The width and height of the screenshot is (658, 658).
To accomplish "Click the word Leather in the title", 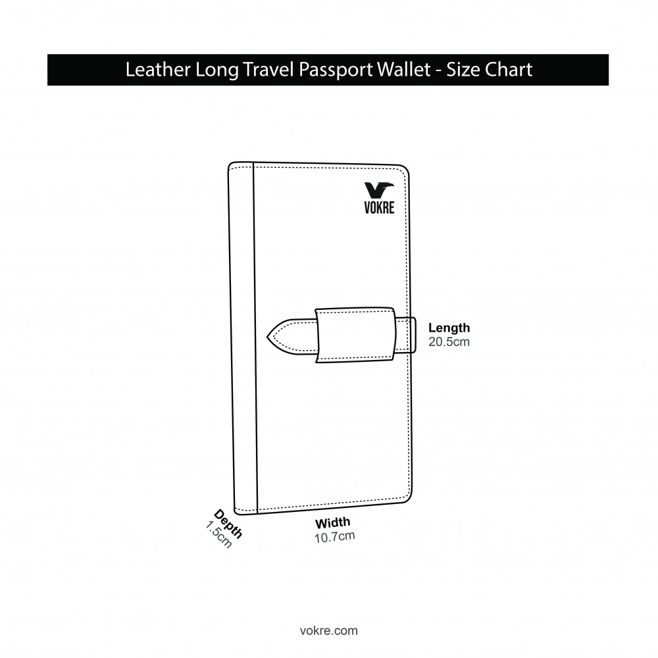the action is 158,69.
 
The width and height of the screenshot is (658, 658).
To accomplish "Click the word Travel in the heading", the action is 268,69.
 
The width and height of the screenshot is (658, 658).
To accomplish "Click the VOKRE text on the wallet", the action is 380,207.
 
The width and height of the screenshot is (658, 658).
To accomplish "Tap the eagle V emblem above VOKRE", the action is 379,190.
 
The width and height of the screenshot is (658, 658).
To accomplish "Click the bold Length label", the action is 449,328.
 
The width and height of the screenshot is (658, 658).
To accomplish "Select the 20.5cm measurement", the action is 449,342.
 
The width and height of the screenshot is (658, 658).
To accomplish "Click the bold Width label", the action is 333,523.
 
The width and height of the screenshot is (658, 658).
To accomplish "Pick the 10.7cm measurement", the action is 335,537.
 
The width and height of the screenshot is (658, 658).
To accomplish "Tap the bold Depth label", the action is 228,524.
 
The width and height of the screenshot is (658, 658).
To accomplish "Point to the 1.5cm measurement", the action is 218,534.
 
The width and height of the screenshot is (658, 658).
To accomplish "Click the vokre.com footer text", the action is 329,631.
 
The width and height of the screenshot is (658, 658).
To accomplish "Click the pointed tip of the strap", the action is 268,336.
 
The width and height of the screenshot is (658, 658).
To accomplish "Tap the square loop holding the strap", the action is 355,335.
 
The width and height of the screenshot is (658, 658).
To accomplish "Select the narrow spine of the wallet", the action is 243,338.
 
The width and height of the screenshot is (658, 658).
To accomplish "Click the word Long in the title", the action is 217,70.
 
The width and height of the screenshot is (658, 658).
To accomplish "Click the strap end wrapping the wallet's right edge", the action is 406,336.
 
